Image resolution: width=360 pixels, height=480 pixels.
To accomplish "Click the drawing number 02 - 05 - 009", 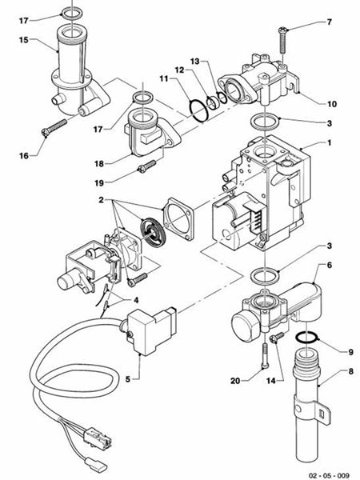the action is (329, 475).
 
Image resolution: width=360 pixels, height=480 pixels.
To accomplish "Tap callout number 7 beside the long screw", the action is (329, 22).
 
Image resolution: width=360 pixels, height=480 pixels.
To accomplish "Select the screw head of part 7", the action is (282, 30).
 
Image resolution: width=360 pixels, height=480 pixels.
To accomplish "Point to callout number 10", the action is (332, 104).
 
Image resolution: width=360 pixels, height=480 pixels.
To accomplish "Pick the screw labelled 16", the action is (54, 128).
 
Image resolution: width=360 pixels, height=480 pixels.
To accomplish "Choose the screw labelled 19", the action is (147, 166).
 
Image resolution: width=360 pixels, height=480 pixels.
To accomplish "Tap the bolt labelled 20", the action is (265, 356).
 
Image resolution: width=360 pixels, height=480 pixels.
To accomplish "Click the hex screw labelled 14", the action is (277, 338).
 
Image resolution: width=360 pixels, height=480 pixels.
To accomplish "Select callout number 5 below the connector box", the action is (128, 379).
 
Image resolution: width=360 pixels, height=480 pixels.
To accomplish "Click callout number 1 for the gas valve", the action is (330, 142).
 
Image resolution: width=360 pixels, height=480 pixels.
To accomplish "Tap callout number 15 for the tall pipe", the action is (23, 40).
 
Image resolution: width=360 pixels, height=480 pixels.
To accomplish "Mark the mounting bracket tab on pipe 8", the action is (322, 410).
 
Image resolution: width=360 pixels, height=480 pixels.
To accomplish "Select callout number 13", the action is (194, 62).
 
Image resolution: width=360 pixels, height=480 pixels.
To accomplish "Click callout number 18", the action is (99, 164).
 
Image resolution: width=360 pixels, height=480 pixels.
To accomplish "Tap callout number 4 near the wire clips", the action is (136, 300).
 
